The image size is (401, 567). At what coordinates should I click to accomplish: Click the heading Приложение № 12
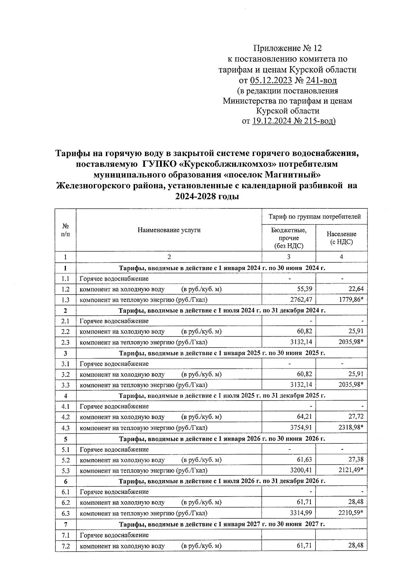[x=287, y=48]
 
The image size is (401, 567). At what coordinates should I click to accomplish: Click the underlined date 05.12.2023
[x=271, y=80]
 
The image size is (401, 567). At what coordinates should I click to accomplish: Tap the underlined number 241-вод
[x=323, y=80]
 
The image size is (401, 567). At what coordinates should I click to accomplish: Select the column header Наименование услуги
[x=169, y=230]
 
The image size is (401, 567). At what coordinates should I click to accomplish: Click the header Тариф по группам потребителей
[x=314, y=217]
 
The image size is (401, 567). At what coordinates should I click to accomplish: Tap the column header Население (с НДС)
[x=341, y=238]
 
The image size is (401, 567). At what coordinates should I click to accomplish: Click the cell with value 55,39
[x=304, y=289]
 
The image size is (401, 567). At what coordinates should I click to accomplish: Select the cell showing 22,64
[x=356, y=289]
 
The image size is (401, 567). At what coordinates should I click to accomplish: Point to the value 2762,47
[x=301, y=300]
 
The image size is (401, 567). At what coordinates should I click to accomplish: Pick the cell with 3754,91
[x=301, y=428]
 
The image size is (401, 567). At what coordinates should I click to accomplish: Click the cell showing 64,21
[x=304, y=417]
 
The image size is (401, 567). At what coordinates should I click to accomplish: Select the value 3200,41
[x=301, y=470]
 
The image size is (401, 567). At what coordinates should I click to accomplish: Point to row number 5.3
[x=65, y=470]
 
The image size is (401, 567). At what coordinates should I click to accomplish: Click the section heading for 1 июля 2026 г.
[x=222, y=481]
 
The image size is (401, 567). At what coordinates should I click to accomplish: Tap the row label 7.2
[x=65, y=546]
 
